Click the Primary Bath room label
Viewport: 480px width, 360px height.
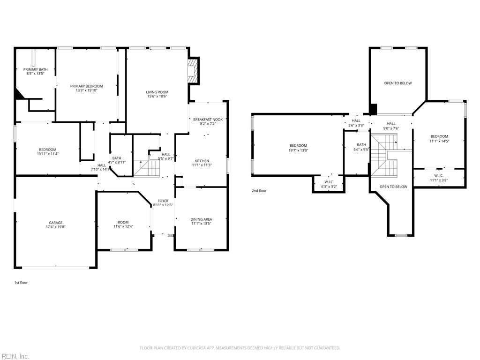[x=35, y=69]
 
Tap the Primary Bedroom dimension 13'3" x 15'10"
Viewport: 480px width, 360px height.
[x=86, y=90]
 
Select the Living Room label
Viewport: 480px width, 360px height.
[x=157, y=92]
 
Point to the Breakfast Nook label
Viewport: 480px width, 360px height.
[x=208, y=120]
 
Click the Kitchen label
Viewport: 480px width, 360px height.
[x=202, y=161]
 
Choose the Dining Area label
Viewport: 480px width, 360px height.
[x=201, y=219]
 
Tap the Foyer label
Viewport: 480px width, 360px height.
[x=163, y=201]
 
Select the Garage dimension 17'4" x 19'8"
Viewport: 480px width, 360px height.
[x=55, y=227]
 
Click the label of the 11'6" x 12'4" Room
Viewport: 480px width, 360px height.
[x=123, y=223]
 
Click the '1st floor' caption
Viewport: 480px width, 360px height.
[x=21, y=283]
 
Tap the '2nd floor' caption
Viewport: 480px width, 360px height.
[x=259, y=191]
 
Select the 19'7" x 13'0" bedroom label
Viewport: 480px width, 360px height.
[x=298, y=145]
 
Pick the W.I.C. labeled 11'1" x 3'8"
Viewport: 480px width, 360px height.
[x=439, y=175]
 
